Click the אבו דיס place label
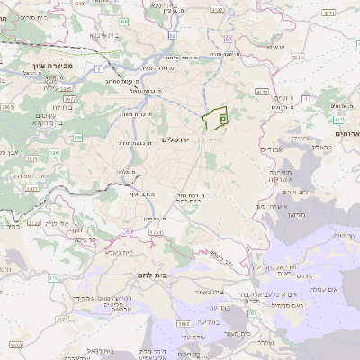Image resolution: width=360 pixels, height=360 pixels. tap(273, 150)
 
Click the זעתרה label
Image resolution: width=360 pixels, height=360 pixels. tap(264, 342)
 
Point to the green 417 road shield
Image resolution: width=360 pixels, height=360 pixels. tap(337, 119)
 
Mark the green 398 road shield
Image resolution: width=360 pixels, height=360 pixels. tap(253, 313)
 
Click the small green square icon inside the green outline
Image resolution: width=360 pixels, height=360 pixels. tap(223, 118)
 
